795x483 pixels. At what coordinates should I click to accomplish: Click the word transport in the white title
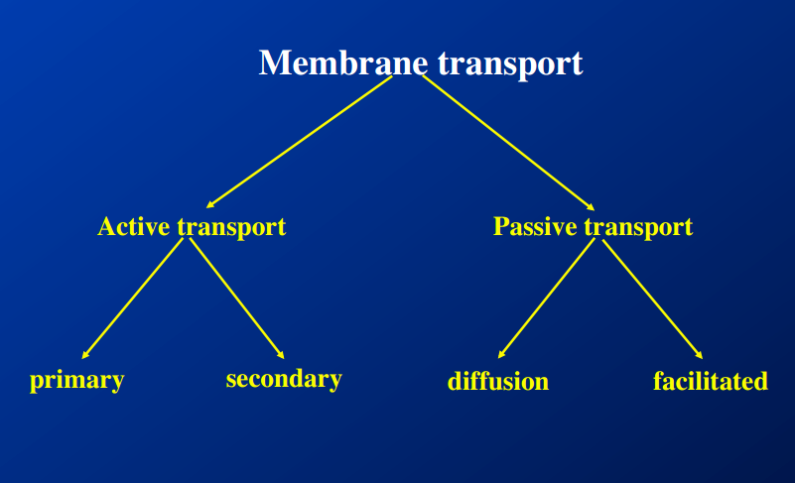click(509, 64)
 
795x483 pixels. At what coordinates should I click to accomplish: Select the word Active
click(134, 226)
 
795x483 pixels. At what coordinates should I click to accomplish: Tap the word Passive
click(536, 226)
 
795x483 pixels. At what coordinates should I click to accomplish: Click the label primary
click(76, 380)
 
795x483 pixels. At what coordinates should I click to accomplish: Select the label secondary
click(284, 379)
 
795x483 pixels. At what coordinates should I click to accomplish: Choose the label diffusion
click(498, 382)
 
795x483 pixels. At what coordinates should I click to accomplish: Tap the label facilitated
click(711, 381)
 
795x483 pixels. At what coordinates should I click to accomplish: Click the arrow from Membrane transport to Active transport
click(298, 142)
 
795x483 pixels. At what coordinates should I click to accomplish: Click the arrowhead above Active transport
click(211, 203)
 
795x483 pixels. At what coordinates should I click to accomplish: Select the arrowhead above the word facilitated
click(699, 353)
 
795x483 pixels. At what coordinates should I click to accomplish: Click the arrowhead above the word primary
click(86, 353)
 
